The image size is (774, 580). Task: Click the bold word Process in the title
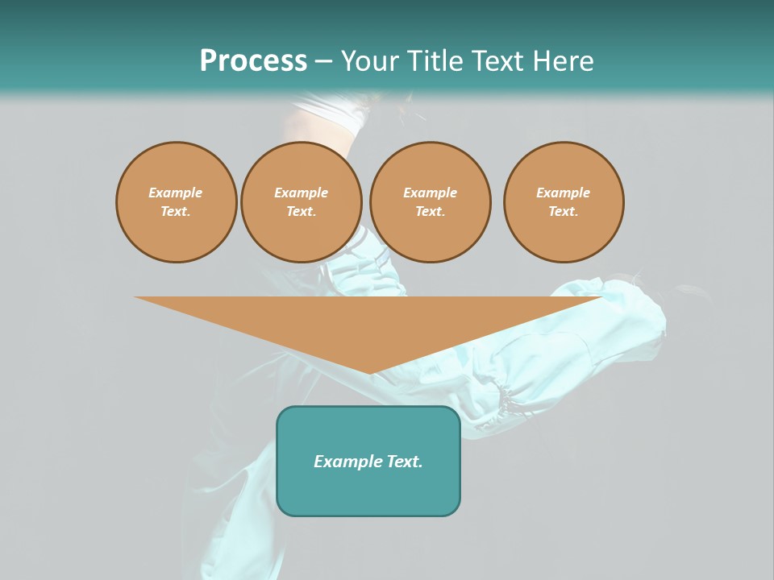[253, 61]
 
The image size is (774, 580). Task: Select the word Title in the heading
[432, 61]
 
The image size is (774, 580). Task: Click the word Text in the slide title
[499, 61]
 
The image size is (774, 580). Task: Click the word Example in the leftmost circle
[176, 193]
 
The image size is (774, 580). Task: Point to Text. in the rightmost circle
[564, 211]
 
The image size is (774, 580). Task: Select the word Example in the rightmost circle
[564, 193]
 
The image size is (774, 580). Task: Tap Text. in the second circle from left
[301, 211]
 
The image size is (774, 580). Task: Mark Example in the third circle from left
[430, 193]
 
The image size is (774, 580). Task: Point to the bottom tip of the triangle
[370, 373]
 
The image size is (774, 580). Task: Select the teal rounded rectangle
[368, 491]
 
